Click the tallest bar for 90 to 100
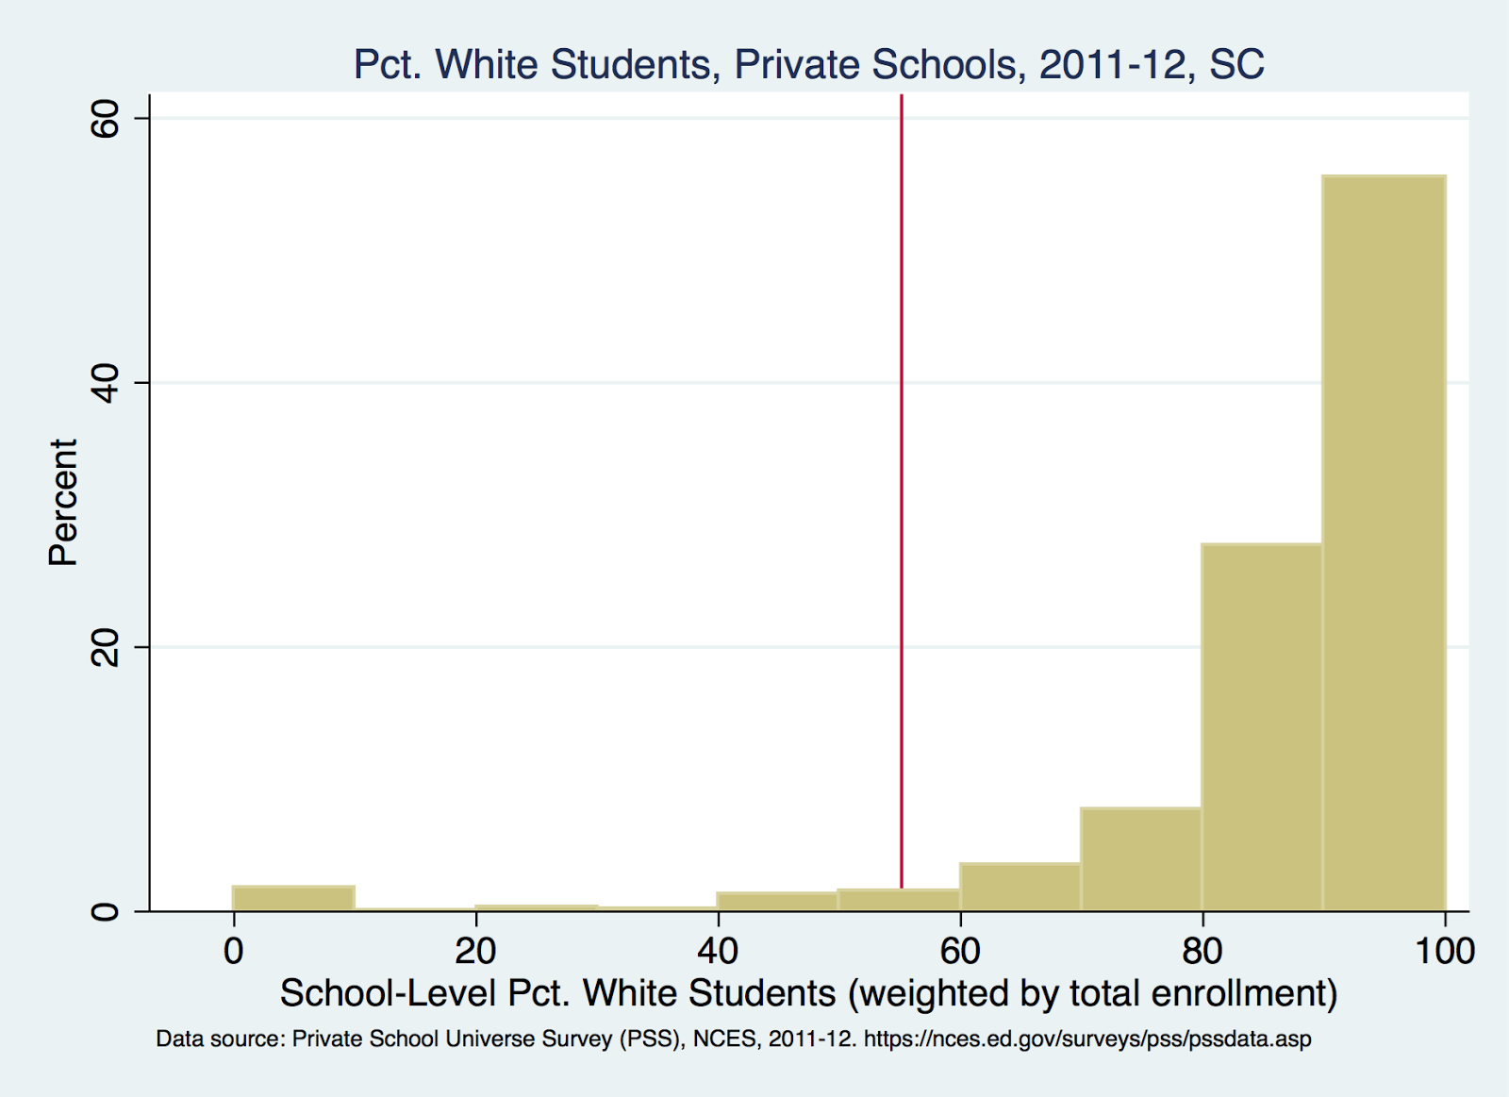point(1384,542)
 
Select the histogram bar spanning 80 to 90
point(1262,726)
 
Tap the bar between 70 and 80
point(1141,859)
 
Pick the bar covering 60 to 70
point(1020,887)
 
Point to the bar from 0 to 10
point(293,898)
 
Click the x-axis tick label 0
point(233,951)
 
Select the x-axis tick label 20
point(475,951)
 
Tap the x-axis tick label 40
point(718,951)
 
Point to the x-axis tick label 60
point(960,951)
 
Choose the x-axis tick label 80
point(1202,951)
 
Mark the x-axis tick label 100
point(1444,951)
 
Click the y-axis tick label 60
point(106,119)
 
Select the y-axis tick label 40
point(106,383)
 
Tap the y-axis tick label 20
point(106,647)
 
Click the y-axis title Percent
point(63,502)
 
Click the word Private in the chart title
point(796,64)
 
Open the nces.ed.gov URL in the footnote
point(1087,1039)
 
